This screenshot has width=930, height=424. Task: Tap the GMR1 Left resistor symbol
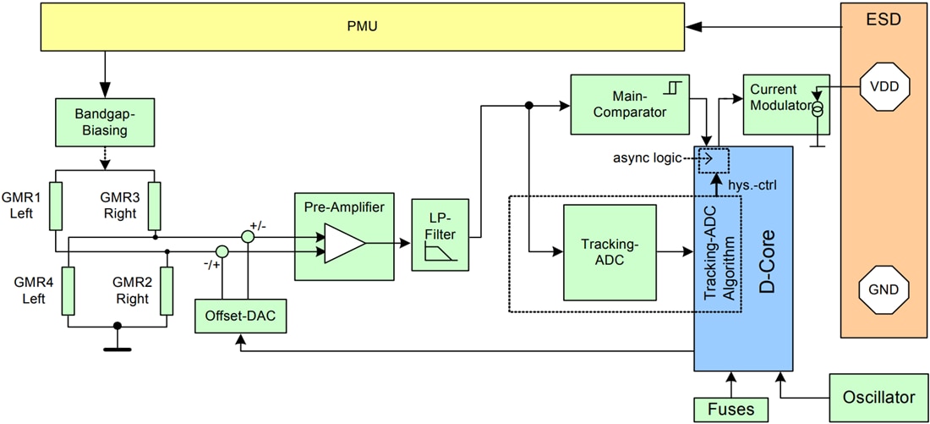click(55, 206)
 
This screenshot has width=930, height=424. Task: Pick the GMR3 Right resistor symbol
click(155, 206)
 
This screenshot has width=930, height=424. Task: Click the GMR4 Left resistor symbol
click(68, 290)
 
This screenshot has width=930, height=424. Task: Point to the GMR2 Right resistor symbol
click(167, 290)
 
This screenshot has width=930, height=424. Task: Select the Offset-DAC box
click(240, 318)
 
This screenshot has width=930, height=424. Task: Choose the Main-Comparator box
click(630, 104)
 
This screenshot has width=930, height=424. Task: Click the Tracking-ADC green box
click(609, 252)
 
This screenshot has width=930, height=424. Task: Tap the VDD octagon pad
click(883, 85)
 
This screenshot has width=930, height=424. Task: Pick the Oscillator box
click(878, 397)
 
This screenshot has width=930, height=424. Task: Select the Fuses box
click(730, 409)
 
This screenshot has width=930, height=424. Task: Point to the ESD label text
click(883, 19)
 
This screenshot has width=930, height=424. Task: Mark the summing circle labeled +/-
click(248, 238)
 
